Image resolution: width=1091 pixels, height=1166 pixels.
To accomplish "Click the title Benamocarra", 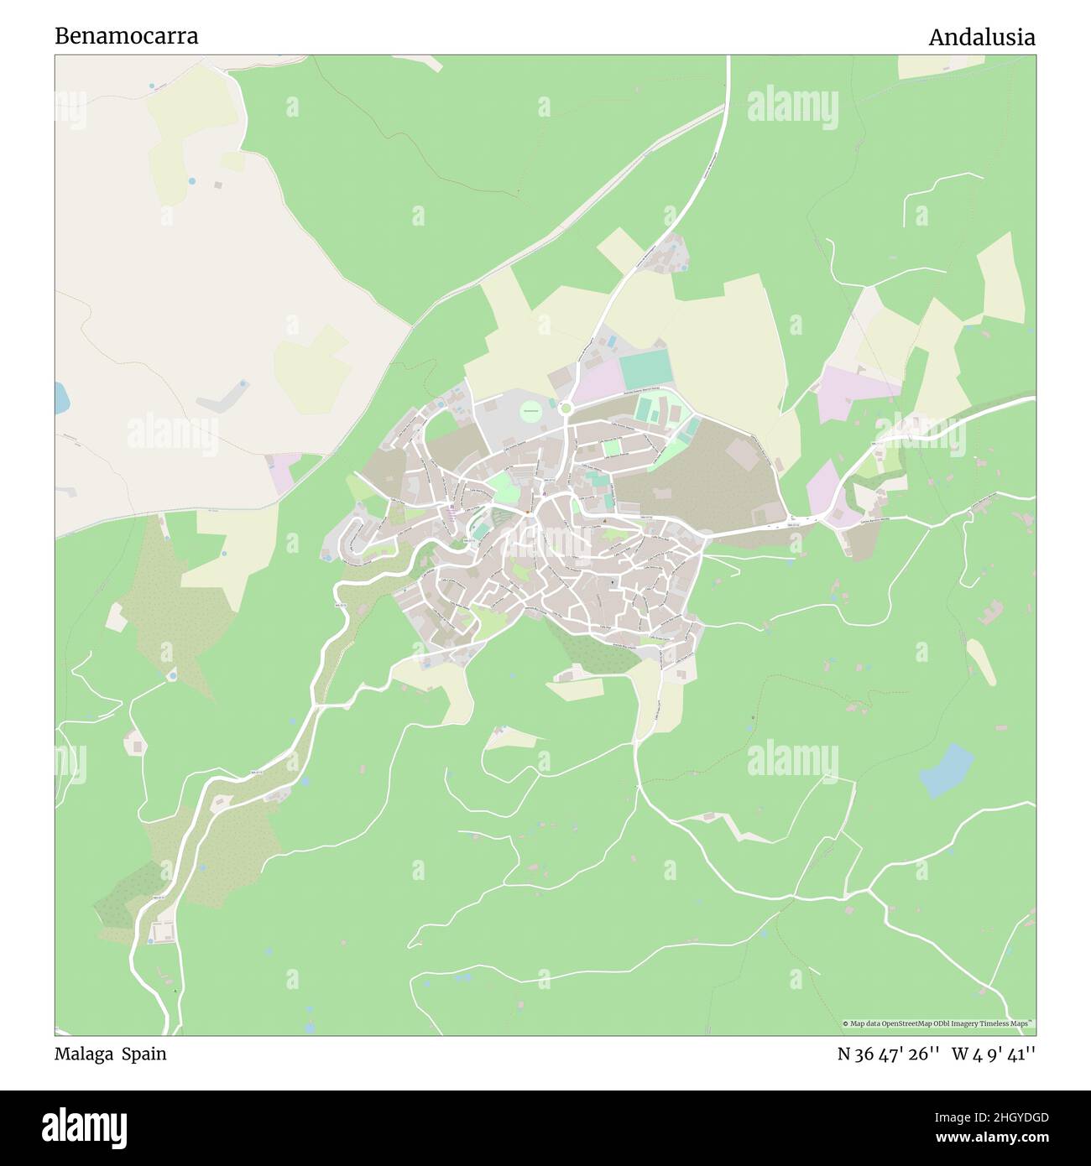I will click(127, 36).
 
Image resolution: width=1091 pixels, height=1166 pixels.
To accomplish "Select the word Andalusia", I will click(981, 37).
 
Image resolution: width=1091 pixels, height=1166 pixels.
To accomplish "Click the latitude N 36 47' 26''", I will click(882, 1054).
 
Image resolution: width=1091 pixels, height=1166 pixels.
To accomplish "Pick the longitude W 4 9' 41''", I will click(993, 1054).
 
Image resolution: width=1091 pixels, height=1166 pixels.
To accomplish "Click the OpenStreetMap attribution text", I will click(938, 1023).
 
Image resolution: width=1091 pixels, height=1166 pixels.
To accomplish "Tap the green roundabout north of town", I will click(566, 409).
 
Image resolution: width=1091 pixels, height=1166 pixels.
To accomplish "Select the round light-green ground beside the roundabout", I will click(530, 411).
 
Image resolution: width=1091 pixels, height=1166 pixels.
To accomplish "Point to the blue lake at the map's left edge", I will click(61, 398).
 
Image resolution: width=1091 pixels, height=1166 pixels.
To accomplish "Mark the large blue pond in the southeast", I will click(947, 769).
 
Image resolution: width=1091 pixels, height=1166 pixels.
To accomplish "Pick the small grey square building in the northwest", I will click(218, 185).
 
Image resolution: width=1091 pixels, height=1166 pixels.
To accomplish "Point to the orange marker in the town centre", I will click(527, 513).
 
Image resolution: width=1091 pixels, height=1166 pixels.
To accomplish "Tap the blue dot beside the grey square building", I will click(192, 180).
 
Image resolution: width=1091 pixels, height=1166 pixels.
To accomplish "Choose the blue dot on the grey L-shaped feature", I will click(243, 383).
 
